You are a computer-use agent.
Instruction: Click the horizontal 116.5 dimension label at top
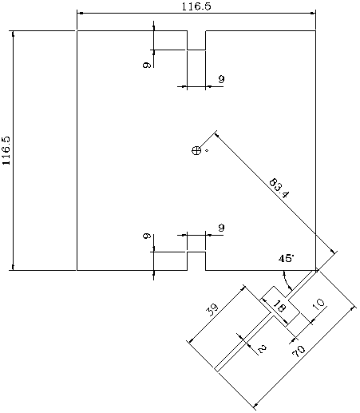[196, 6]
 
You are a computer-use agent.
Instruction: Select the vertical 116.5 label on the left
[6, 151]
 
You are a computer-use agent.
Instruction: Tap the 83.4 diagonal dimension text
[279, 189]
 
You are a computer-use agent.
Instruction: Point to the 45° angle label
[287, 258]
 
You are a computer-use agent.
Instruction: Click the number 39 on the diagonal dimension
[212, 309]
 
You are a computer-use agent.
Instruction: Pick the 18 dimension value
[279, 306]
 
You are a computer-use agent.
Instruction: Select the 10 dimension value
[318, 304]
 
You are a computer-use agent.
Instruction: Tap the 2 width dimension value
[262, 349]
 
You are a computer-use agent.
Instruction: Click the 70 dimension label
[299, 351]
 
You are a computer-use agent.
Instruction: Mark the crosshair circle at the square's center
[196, 150]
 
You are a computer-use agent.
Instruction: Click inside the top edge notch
[196, 40]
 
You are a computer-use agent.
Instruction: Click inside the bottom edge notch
[196, 261]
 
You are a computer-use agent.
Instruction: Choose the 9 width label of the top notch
[221, 79]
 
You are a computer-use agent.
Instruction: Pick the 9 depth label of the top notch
[147, 65]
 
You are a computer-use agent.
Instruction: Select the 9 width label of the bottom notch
[221, 228]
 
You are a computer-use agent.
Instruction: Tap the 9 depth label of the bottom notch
[147, 236]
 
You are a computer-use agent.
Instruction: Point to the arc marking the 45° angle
[286, 281]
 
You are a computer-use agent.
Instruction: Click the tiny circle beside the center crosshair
[207, 151]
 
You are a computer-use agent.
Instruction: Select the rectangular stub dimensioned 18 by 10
[280, 307]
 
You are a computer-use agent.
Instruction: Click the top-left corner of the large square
[77, 31]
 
